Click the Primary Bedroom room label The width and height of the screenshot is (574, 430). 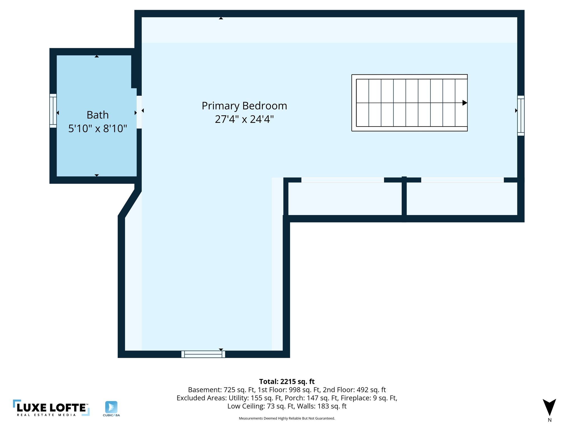244,106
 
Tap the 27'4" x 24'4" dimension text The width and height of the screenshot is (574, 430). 244,119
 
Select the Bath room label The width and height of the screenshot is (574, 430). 98,115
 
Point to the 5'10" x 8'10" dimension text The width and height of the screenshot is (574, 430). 98,128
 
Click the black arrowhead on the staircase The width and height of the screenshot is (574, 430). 464,103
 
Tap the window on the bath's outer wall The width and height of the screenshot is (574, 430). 53,111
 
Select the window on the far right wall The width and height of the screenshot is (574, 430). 521,116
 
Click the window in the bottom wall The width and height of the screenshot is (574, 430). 203,354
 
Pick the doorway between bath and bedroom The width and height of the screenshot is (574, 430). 139,112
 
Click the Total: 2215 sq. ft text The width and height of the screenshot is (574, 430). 287,382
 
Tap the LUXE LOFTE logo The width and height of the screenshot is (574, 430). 51,408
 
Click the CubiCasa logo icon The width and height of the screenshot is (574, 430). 111,407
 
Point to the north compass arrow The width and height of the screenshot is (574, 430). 549,407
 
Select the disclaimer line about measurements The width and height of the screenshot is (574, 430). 287,418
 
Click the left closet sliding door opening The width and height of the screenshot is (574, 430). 342,180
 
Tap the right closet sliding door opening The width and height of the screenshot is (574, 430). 462,180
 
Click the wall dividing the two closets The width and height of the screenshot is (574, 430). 404,199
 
